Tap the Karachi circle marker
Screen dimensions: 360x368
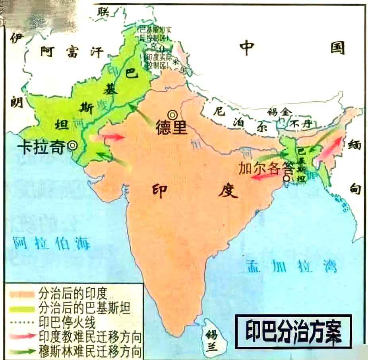pos(72,146)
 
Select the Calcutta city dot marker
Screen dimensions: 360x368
pos(286,179)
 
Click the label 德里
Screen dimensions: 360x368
pos(171,128)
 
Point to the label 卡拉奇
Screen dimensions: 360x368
pos(41,148)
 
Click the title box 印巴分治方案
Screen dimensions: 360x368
pos(293,331)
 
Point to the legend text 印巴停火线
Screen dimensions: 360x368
pos(68,320)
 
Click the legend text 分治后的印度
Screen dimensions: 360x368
pos(73,294)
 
